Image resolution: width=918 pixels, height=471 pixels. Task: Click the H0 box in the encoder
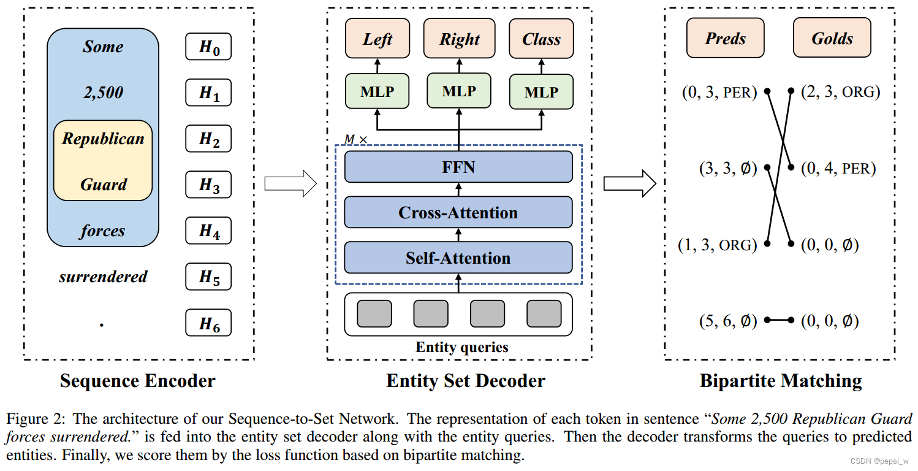(x=208, y=47)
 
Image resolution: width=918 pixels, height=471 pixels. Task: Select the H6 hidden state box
(x=208, y=323)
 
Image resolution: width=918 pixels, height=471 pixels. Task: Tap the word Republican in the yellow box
(x=103, y=139)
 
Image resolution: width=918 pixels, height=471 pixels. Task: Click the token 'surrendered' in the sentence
(x=103, y=277)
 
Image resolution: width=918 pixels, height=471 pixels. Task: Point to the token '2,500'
(x=103, y=93)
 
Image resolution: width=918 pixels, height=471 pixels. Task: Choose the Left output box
(x=377, y=39)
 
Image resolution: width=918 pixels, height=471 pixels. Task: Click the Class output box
(x=541, y=39)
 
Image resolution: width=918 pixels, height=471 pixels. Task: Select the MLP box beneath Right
(x=459, y=91)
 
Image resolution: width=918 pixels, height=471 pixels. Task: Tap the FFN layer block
(x=458, y=167)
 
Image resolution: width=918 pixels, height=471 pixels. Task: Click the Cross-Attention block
(x=458, y=212)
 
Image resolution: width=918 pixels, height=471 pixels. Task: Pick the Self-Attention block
(x=458, y=258)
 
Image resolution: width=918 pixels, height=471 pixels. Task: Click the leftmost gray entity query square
(x=374, y=313)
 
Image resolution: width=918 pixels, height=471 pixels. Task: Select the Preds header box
(x=726, y=39)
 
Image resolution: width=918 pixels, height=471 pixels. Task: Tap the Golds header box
(x=832, y=39)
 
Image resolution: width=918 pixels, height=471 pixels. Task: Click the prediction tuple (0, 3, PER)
(x=719, y=93)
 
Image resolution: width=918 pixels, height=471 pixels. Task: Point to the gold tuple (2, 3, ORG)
(x=840, y=93)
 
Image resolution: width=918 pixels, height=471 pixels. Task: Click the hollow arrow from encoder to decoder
(x=290, y=183)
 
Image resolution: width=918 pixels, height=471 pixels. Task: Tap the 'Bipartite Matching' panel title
(x=781, y=381)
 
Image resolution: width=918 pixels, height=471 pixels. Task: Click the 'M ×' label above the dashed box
(x=355, y=139)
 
